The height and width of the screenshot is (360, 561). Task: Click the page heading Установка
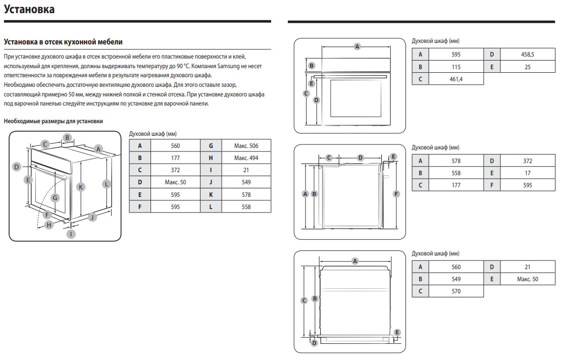click(29, 10)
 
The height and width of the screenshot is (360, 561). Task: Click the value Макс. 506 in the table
click(246, 146)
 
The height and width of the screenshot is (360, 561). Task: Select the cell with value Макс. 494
click(246, 158)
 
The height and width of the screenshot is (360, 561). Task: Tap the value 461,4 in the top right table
click(456, 79)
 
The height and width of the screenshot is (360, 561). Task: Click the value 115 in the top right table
click(456, 67)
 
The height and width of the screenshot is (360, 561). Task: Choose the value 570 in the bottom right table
click(456, 291)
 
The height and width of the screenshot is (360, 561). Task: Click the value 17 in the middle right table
click(527, 173)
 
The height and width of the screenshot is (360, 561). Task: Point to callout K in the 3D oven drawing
click(80, 187)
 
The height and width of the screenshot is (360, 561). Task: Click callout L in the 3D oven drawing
click(106, 184)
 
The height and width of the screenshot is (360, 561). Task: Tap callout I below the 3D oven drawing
click(72, 234)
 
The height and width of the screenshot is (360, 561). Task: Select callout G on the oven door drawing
click(55, 198)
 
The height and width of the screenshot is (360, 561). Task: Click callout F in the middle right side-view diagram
click(396, 193)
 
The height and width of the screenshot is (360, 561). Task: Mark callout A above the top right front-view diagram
click(357, 46)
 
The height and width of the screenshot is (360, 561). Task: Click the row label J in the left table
click(211, 182)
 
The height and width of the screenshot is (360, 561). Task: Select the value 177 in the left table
click(175, 158)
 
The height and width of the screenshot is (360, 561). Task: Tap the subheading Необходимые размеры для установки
click(53, 121)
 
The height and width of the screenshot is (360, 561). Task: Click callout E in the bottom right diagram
click(397, 332)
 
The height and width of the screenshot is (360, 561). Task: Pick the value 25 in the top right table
click(527, 67)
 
